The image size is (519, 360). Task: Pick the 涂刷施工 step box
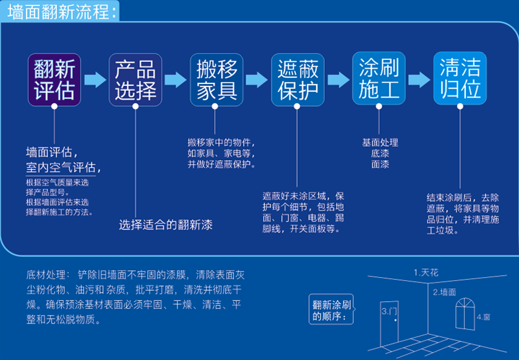click(379, 79)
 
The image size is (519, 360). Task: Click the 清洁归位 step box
click(460, 79)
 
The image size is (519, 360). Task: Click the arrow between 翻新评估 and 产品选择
click(95, 79)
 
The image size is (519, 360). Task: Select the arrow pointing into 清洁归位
click(419, 79)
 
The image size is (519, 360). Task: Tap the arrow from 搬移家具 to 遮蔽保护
click(257, 79)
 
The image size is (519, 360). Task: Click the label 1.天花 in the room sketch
click(426, 272)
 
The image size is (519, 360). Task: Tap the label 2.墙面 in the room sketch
click(444, 291)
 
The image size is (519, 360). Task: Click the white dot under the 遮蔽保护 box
click(297, 106)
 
